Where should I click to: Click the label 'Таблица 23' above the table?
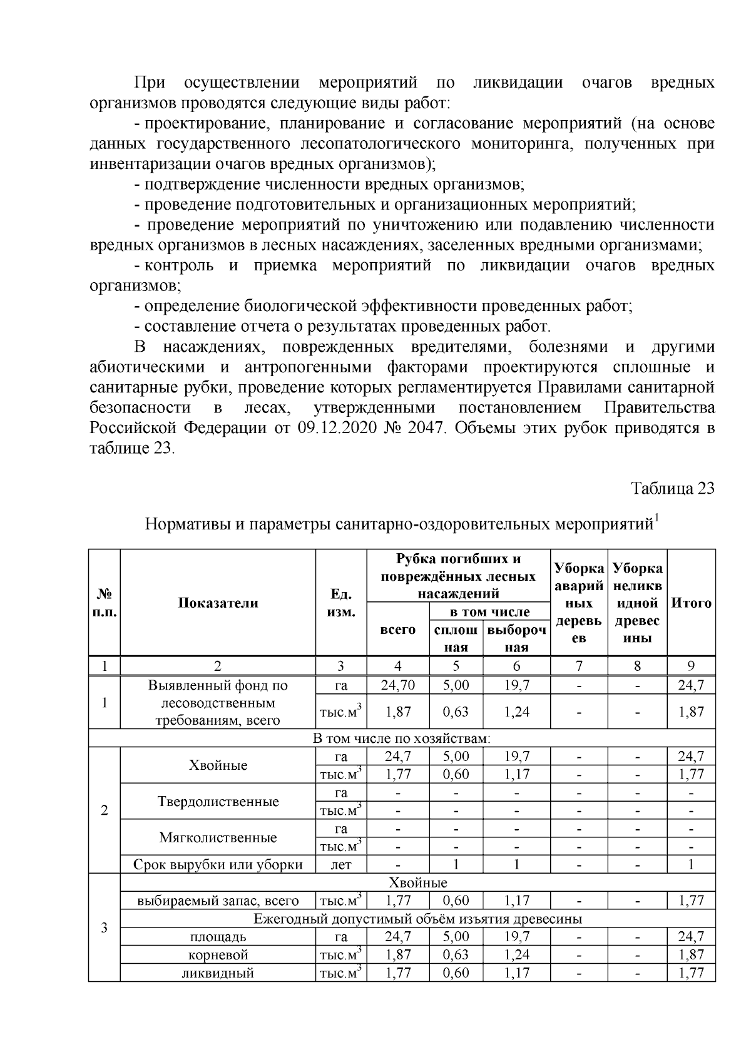pyautogui.click(x=672, y=489)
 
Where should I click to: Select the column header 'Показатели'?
pyautogui.click(x=218, y=603)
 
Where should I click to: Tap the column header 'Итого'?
pyautogui.click(x=691, y=603)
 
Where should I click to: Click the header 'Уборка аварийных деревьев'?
pyautogui.click(x=579, y=603)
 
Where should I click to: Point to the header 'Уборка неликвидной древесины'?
pyautogui.click(x=637, y=603)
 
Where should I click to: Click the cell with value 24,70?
pyautogui.click(x=397, y=685)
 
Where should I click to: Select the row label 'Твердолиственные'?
pyautogui.click(x=218, y=802)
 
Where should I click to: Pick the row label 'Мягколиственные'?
pyautogui.click(x=218, y=837)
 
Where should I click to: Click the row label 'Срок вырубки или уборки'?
pyautogui.click(x=218, y=865)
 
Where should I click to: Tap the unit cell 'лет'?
pyautogui.click(x=341, y=865)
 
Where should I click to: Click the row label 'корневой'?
pyautogui.click(x=218, y=955)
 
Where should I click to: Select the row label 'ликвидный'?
pyautogui.click(x=218, y=973)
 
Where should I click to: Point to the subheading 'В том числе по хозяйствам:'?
pyautogui.click(x=401, y=738)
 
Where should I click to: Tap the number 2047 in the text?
pyautogui.click(x=426, y=429)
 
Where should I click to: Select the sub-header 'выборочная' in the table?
pyautogui.click(x=516, y=638)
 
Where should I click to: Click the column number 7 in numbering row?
pyautogui.click(x=579, y=666)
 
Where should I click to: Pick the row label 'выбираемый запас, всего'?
pyautogui.click(x=218, y=901)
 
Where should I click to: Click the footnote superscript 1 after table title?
pyautogui.click(x=656, y=517)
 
